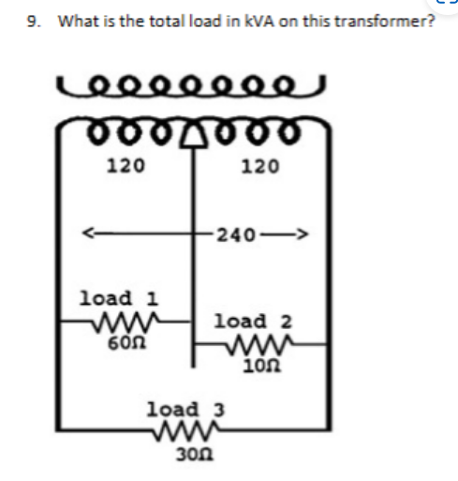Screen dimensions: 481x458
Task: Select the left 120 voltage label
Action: coord(123,167)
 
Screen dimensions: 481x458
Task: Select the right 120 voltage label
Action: coord(259,167)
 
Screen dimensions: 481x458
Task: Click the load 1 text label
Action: coord(119,299)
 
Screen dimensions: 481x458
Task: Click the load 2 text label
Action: coord(253,322)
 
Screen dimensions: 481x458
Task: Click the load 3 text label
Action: coord(186,410)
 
